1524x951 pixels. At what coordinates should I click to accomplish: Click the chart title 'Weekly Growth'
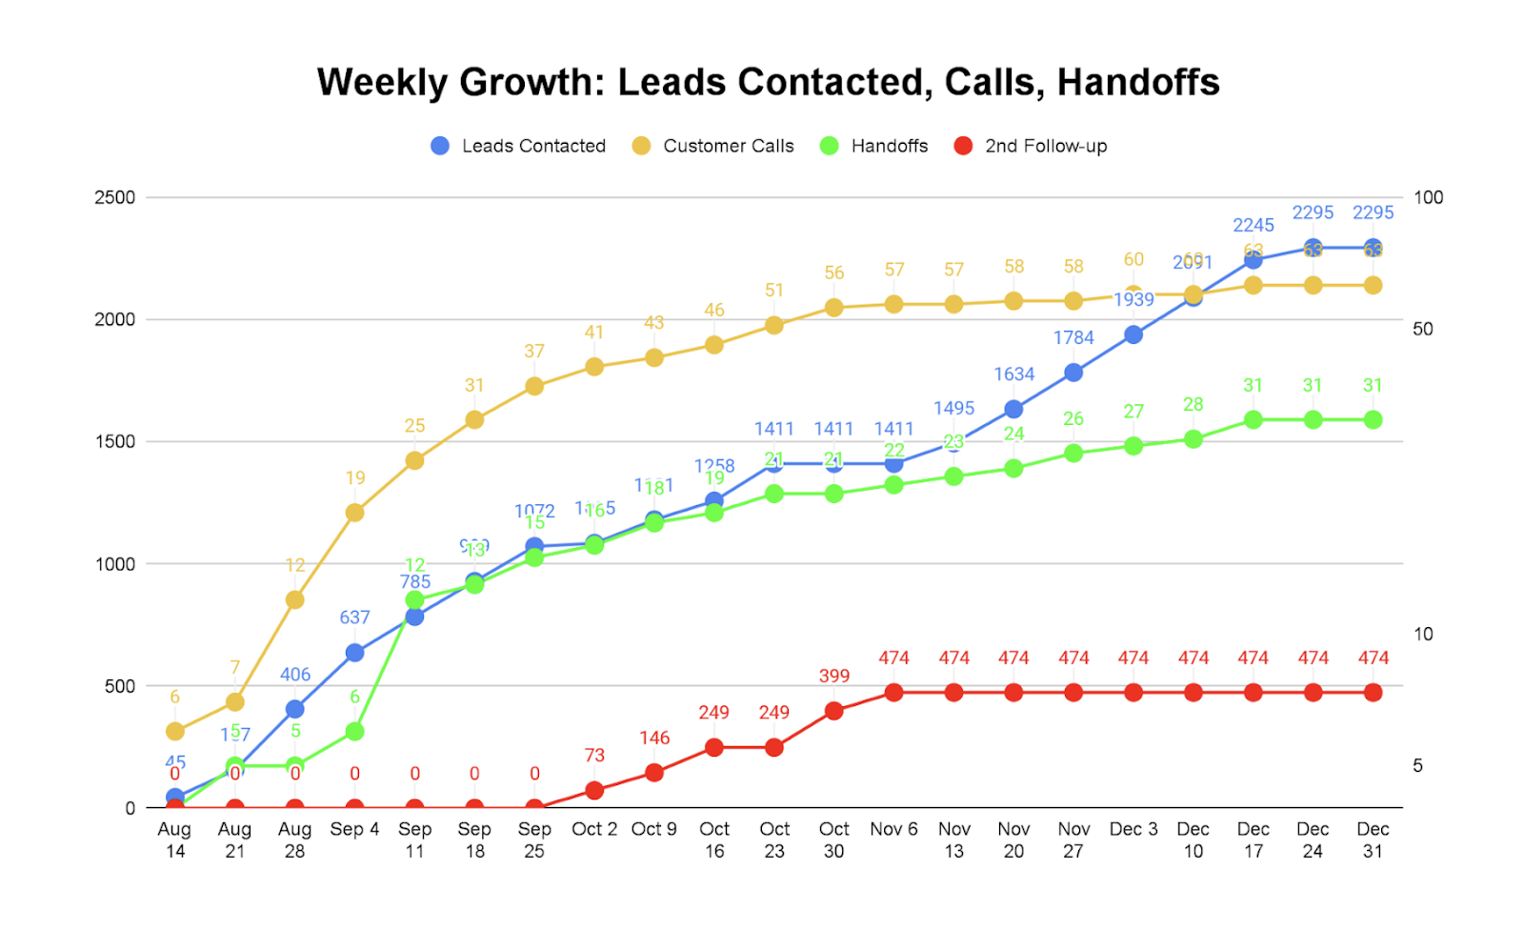(x=768, y=83)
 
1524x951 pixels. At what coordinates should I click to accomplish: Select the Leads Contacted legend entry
(x=518, y=146)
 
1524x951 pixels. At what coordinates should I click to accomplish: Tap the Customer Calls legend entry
(x=713, y=146)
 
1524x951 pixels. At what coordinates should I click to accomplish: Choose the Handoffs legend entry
(x=874, y=146)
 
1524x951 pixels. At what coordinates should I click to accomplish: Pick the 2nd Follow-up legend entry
(x=1031, y=146)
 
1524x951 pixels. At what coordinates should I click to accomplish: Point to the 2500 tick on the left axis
(x=115, y=197)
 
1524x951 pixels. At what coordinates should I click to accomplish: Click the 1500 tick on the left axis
(x=115, y=441)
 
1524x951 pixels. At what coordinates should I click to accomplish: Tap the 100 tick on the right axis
(x=1428, y=197)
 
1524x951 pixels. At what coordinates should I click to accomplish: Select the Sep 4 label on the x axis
(x=354, y=829)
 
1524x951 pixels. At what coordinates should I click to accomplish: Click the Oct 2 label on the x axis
(x=594, y=829)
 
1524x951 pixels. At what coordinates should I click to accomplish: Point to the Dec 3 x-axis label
(x=1133, y=829)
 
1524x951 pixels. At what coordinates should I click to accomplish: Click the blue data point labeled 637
(x=354, y=653)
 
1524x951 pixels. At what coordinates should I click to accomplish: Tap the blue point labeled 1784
(x=1073, y=373)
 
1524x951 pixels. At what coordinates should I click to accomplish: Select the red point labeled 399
(x=833, y=711)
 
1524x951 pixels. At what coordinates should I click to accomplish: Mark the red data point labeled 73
(x=594, y=790)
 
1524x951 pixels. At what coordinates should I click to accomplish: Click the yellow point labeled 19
(x=354, y=513)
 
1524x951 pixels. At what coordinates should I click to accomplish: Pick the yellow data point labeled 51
(x=774, y=325)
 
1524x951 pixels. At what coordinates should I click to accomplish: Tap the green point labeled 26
(x=1073, y=453)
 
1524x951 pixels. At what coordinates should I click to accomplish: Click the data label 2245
(x=1253, y=225)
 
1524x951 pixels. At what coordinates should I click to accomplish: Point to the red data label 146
(x=654, y=738)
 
